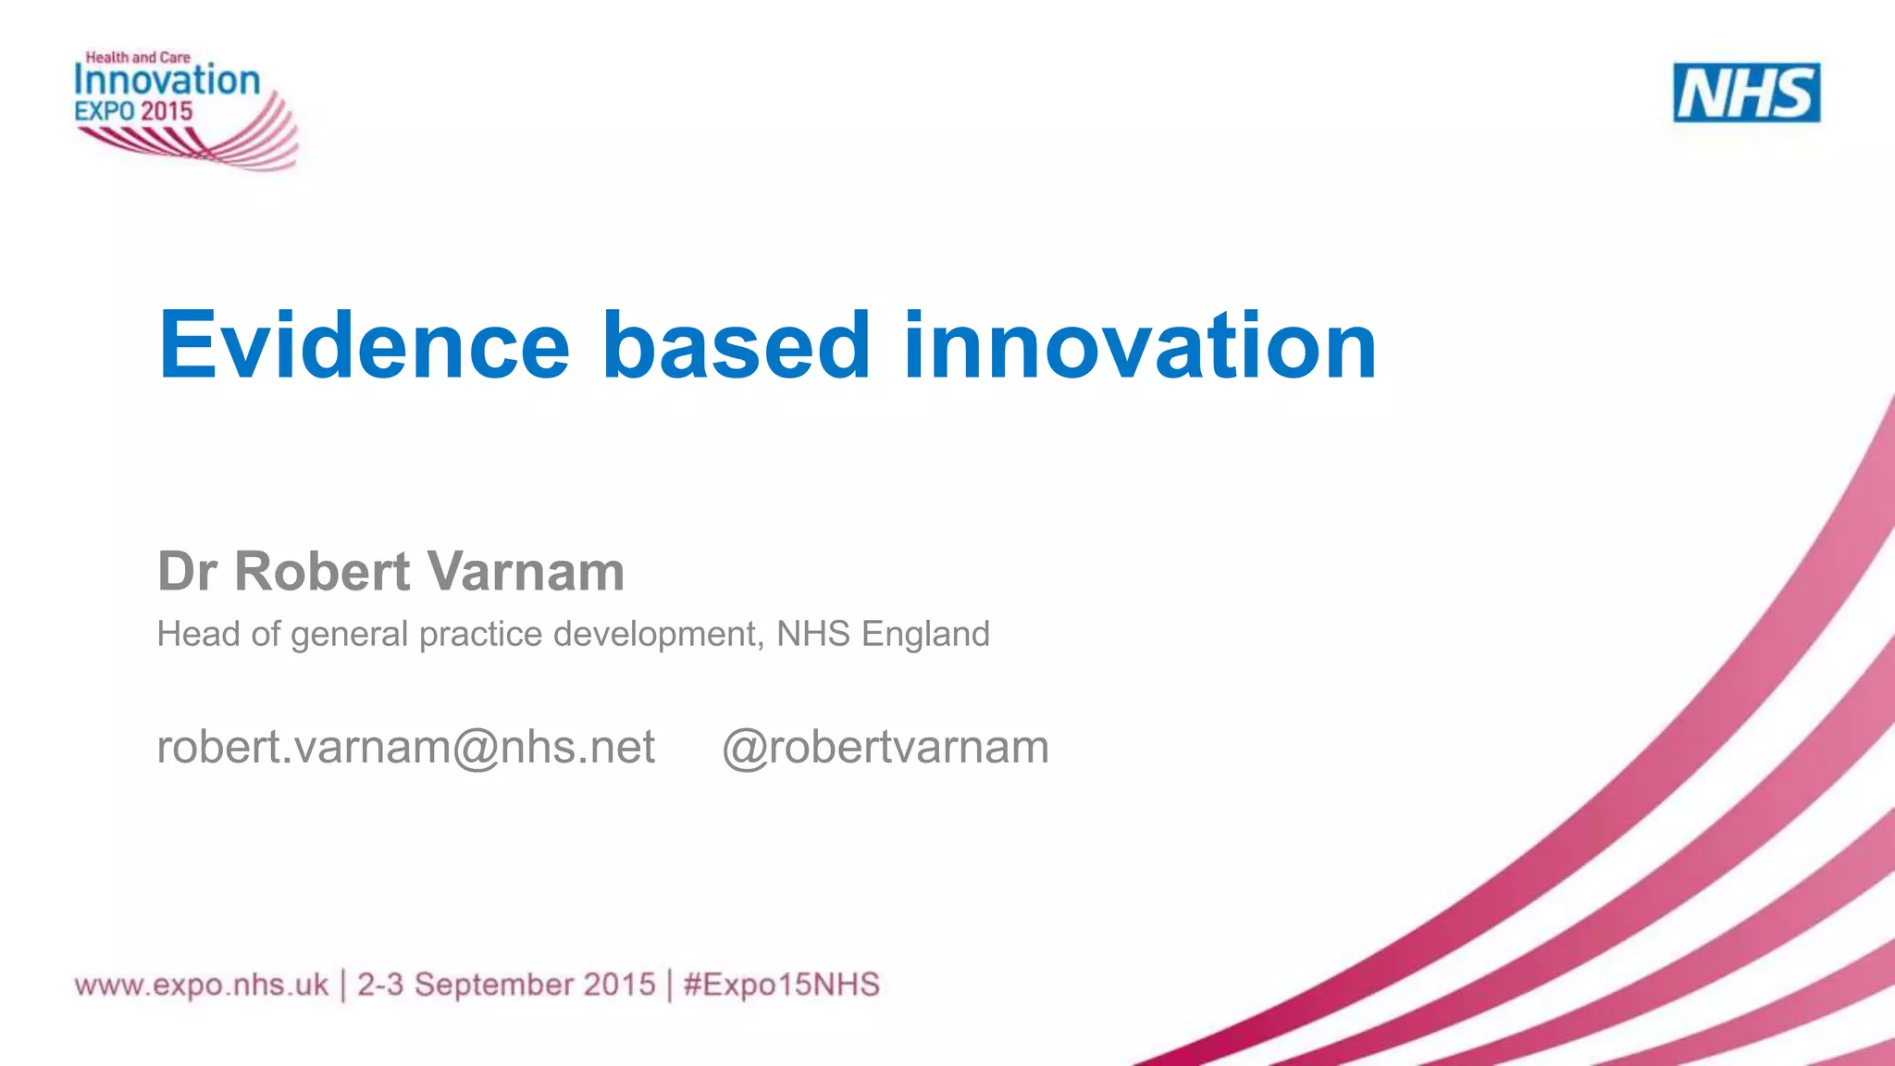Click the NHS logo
pos(1746,93)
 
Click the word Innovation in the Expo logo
pos(167,81)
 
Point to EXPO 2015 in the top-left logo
pos(134,112)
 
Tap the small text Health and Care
pos(138,57)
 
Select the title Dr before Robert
pos(187,571)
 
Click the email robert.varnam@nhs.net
pos(405,747)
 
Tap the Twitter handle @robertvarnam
pos(885,747)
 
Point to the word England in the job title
pos(925,635)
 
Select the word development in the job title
pos(658,635)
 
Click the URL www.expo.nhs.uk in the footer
pos(202,985)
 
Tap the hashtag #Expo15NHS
pos(782,985)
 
